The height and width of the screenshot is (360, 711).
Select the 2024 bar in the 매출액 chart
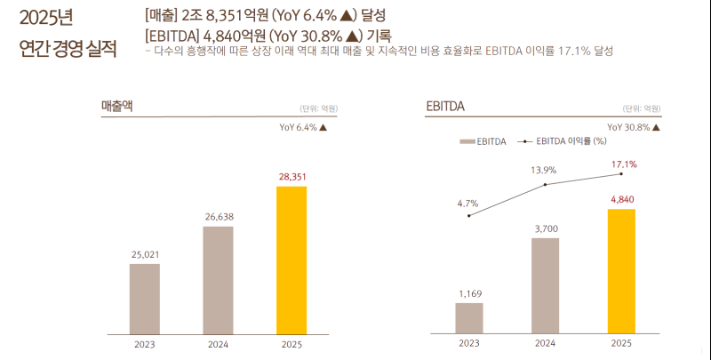coord(218,280)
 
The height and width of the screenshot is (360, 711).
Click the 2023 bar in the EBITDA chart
coord(469,318)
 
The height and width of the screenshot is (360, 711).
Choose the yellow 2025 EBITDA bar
coord(621,271)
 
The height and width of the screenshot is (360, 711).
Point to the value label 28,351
coord(292,178)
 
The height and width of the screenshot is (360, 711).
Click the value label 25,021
coord(145,255)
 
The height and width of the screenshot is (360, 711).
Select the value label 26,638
coord(218,218)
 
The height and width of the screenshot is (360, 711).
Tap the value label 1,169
coord(469,293)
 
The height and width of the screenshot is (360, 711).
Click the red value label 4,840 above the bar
coord(621,200)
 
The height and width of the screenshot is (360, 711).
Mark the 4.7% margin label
coord(468,204)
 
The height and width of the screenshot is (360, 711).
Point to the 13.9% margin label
coord(544,170)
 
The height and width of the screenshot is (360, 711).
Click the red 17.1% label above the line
coord(623,164)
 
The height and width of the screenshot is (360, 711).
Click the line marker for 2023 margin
coord(469,216)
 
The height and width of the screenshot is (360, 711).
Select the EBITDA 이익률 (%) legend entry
coord(565,140)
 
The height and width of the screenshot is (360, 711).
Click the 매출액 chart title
coord(116,106)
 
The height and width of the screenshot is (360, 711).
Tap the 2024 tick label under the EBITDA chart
coord(545,343)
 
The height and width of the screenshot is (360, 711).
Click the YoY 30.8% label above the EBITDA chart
coord(634,127)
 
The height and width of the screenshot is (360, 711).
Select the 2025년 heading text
coord(46,18)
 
